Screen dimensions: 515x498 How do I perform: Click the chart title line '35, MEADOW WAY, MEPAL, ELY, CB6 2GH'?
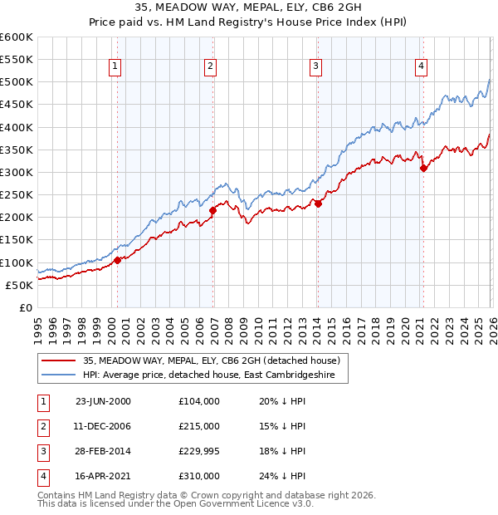tap(248, 9)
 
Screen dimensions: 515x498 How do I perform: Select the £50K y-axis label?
tap(19, 285)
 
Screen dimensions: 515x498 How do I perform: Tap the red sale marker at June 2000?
tap(117, 260)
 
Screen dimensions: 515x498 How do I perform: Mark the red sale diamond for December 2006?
tap(212, 210)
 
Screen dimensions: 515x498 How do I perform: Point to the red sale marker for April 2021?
tap(423, 168)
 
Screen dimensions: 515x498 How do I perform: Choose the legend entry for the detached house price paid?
tap(212, 361)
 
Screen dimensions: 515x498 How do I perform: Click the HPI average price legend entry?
tap(214, 376)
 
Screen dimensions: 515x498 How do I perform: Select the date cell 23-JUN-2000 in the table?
tap(103, 401)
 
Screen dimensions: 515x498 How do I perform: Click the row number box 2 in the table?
tap(41, 426)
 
